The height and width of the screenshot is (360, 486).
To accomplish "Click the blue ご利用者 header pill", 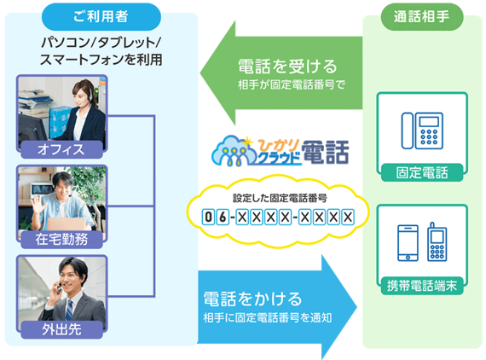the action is click(101, 16).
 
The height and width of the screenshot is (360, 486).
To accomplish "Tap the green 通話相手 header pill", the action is click(422, 16).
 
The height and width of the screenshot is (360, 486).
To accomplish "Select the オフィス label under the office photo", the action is click(61, 149).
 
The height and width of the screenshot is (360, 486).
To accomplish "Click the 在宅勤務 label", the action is click(61, 240).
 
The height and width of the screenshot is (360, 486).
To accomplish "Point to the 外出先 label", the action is click(61, 329).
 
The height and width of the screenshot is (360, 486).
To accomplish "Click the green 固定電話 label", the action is click(422, 172).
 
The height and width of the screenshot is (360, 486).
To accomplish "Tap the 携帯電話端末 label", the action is click(422, 286).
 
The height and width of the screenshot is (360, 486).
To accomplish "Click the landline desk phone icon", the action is click(422, 131).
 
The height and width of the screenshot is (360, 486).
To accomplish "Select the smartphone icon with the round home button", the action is click(408, 243).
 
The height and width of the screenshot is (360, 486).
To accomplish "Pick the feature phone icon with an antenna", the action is click(437, 242).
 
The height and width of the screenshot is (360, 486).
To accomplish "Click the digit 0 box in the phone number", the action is click(209, 217).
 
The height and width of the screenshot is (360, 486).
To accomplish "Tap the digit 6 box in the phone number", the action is click(223, 217).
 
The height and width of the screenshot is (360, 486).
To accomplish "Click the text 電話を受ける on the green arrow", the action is click(287, 67).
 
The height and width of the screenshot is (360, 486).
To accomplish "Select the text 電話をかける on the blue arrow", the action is click(252, 299).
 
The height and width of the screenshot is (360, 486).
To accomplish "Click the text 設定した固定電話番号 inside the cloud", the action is click(280, 198).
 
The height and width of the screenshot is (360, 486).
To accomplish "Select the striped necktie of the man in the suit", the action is click(69, 310).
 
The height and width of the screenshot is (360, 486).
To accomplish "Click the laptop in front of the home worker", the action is click(66, 224).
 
